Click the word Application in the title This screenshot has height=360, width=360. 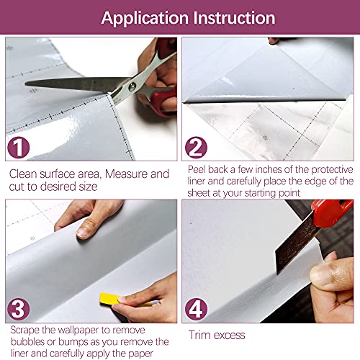[143, 17]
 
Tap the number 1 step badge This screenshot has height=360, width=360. [19, 148]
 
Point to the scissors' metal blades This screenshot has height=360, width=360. [72, 84]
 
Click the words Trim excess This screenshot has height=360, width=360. [217, 335]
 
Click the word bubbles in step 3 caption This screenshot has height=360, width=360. [27, 341]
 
